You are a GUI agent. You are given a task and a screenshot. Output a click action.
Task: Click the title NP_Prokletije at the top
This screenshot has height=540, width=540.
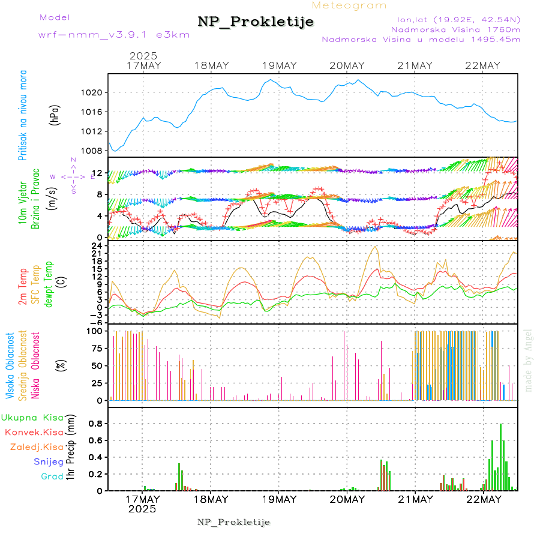point(256,22)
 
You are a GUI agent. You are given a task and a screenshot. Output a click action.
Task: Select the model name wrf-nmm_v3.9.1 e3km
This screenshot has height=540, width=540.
point(114,34)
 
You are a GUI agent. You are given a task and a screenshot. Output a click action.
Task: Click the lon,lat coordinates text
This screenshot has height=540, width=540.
point(454,19)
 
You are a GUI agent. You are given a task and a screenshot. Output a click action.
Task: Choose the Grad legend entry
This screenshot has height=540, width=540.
point(52,476)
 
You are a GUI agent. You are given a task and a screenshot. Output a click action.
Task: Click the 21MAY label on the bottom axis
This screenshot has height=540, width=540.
point(415,499)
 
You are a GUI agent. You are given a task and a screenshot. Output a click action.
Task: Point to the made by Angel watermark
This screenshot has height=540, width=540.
point(529,360)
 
